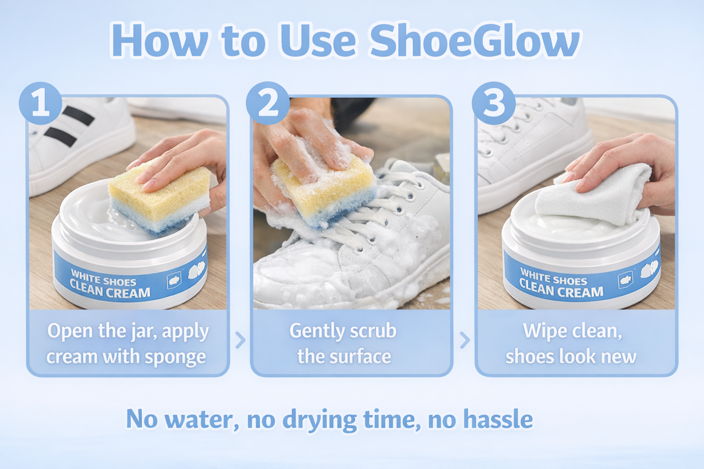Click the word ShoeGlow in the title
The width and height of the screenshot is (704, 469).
point(475,41)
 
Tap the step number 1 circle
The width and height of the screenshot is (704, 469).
point(40,103)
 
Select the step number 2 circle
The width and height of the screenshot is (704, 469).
point(268,103)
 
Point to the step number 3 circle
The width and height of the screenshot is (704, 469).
point(493,103)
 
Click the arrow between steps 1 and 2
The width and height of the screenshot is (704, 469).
point(240,340)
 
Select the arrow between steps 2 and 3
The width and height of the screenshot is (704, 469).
point(465,340)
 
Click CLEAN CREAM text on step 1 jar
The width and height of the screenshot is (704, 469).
point(110,290)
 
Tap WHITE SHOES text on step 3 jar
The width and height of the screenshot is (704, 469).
point(553,277)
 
